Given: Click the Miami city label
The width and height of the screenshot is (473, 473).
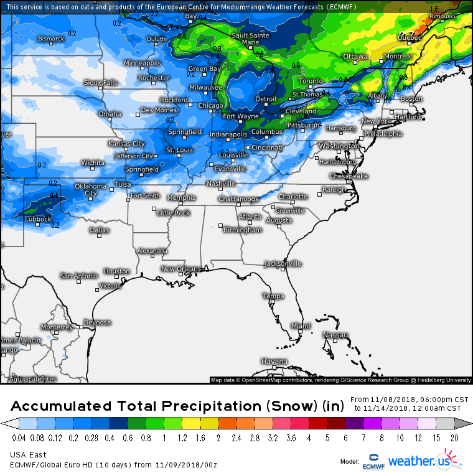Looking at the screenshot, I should click(301, 325).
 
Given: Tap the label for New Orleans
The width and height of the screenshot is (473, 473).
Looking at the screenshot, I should click(181, 269).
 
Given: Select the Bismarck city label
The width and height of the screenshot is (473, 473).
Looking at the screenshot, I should click(51, 39).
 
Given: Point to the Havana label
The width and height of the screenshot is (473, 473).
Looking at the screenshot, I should click(274, 362).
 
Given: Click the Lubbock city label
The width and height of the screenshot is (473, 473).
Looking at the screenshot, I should click(38, 219).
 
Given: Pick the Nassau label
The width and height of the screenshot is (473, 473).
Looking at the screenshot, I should click(335, 335).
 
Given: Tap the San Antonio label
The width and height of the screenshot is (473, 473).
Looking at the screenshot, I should click(78, 276).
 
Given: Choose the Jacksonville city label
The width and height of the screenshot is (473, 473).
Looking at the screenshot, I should click(283, 264).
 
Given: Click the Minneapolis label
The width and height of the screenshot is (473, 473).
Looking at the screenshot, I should click(142, 63).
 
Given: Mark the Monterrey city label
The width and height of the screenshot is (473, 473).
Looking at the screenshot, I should click(57, 327).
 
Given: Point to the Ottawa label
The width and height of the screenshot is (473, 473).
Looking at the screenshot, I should click(356, 57).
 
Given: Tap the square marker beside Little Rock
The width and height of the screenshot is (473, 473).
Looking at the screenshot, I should click(154, 209).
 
